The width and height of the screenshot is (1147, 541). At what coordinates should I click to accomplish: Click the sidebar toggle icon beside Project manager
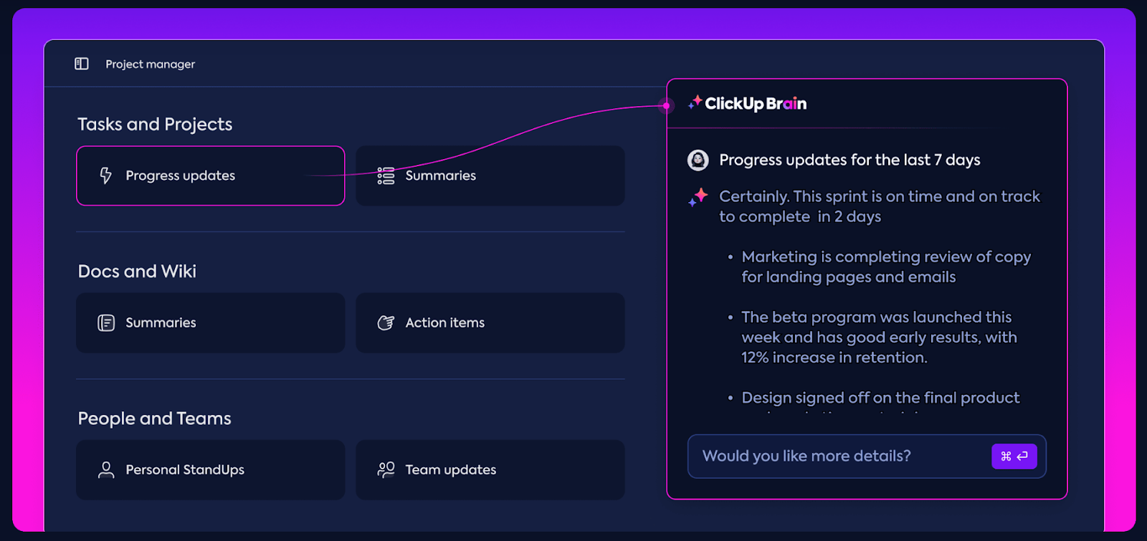[x=82, y=64]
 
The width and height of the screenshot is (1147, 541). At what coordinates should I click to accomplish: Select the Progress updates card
[x=210, y=176]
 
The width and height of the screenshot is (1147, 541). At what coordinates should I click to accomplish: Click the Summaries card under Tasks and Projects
[x=490, y=176]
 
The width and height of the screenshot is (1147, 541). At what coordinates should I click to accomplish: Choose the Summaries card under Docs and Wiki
[x=210, y=322]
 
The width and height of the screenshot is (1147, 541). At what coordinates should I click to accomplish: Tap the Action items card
[x=490, y=322]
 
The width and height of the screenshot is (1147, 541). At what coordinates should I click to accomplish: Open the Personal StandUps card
[x=210, y=469]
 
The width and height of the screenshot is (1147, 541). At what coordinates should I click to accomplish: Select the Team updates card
[x=490, y=469]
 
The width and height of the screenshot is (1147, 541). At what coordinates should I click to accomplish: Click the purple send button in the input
[x=1014, y=456]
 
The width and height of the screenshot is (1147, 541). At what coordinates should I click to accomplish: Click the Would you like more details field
[x=832, y=456]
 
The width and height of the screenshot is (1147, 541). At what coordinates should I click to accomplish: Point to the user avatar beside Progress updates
[x=698, y=160]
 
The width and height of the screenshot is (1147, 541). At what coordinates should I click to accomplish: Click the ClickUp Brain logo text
[x=756, y=104]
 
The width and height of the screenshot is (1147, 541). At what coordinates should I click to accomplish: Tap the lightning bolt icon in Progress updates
[x=106, y=176]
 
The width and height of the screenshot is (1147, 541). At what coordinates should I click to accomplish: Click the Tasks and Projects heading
[x=155, y=125]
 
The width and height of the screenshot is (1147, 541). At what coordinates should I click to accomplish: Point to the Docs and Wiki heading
[x=137, y=272]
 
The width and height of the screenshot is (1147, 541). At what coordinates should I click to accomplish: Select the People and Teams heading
[x=154, y=418]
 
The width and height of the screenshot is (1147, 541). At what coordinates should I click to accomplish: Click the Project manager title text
[x=150, y=64]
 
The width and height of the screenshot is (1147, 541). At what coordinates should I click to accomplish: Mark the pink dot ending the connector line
[x=666, y=106]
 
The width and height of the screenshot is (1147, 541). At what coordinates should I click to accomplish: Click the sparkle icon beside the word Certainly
[x=698, y=197]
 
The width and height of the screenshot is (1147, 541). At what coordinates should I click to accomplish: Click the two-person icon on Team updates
[x=386, y=469]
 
